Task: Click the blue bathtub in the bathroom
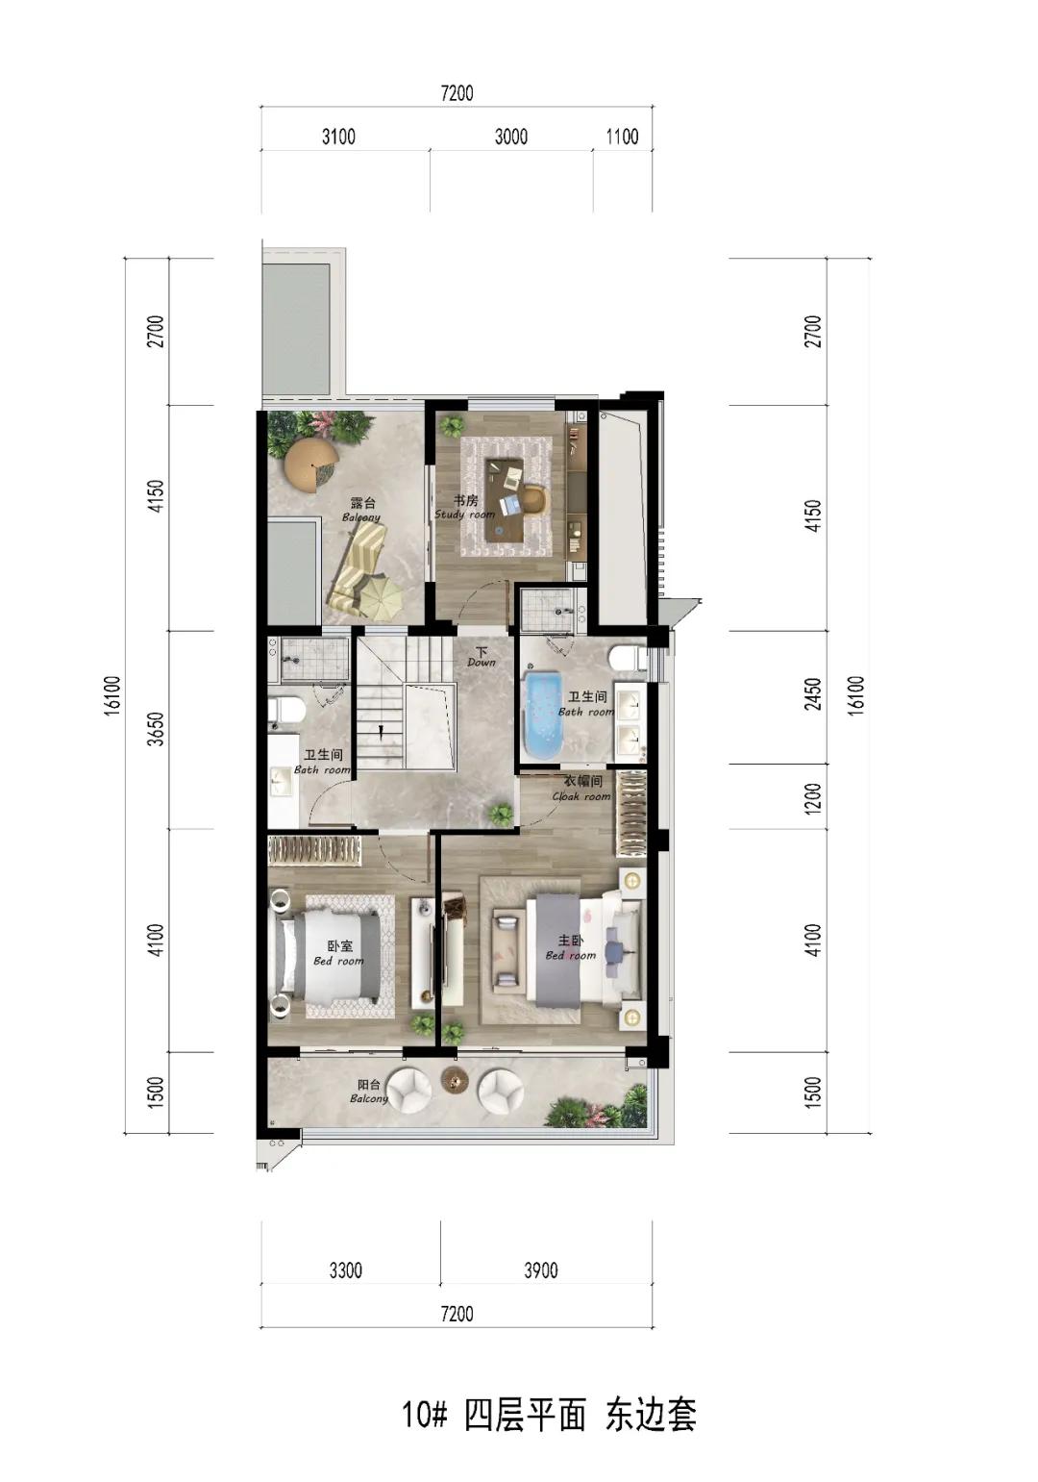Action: pos(541,715)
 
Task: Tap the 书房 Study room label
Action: pos(464,507)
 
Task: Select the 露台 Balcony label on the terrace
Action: pos(361,510)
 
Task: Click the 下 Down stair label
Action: pos(481,656)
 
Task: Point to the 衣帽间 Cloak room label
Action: pos(581,788)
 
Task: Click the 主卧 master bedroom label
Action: pos(571,946)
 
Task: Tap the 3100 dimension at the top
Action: pos(338,137)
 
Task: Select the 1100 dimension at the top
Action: pos(622,137)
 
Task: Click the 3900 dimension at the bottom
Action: pos(541,1269)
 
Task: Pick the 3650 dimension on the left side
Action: pos(156,728)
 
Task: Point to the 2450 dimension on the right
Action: pos(813,693)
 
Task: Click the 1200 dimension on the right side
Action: pos(813,798)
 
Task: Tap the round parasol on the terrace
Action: pos(310,464)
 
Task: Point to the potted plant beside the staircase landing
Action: pos(501,813)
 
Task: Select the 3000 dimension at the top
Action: pos(511,137)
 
